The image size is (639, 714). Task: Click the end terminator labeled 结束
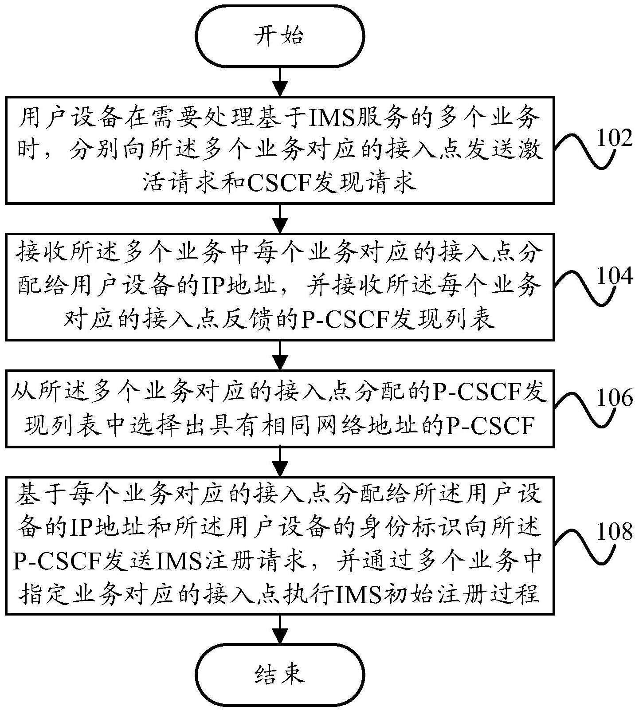point(280,675)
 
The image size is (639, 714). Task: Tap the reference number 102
point(614,139)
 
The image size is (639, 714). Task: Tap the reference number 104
point(614,276)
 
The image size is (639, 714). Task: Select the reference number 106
point(614,398)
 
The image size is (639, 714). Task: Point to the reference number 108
point(614,531)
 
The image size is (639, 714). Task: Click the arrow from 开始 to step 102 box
point(280,82)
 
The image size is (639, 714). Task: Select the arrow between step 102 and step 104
point(280,218)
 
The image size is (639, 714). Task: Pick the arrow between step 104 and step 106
point(280,355)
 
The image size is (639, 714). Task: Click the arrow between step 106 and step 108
point(280,461)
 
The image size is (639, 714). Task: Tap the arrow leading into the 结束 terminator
point(280,629)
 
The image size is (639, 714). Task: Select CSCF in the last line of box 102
point(275,182)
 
